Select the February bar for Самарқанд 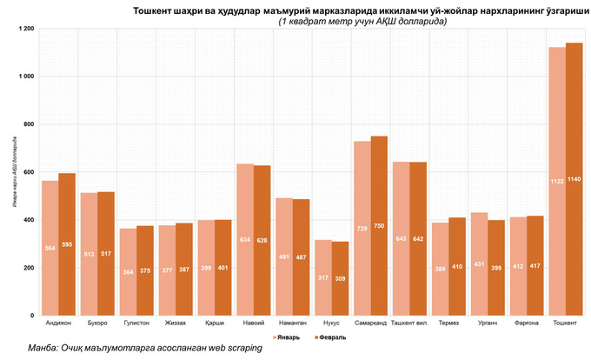tap(379, 225)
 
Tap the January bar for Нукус tap(322, 277)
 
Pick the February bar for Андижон tap(67, 243)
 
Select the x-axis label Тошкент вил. tap(409, 322)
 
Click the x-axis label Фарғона tap(525, 322)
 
